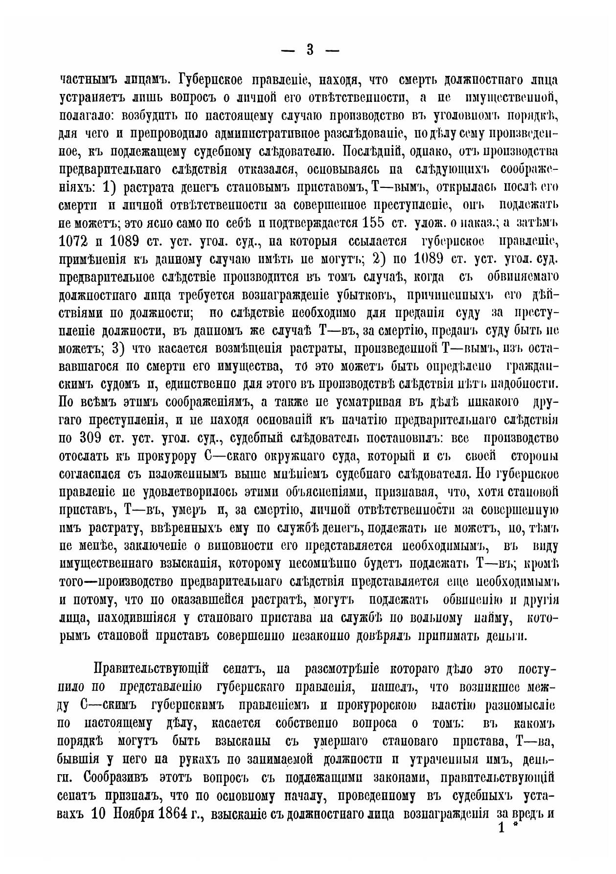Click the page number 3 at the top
309,50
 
